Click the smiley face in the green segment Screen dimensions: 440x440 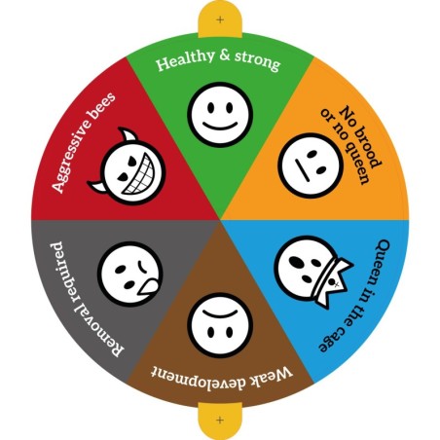pos(220,114)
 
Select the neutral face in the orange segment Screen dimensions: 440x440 pos(311,165)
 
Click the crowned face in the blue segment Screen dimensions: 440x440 pos(312,271)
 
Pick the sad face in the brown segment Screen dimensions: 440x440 pos(220,325)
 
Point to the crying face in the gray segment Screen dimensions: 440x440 pos(129,275)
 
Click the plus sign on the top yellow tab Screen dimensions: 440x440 pos(220,19)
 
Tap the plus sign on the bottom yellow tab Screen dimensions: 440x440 pos(220,420)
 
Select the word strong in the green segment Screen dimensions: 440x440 pos(257,60)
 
